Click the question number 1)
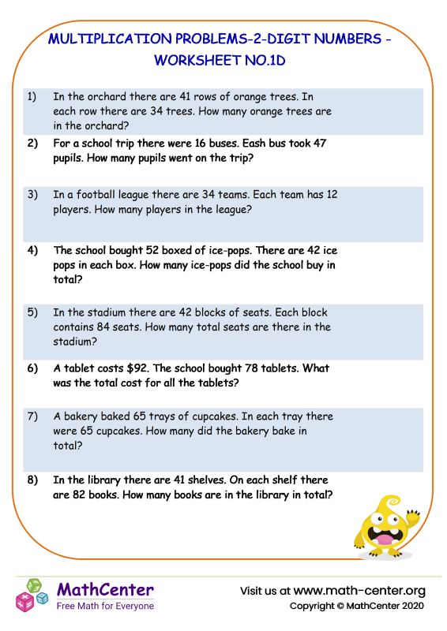coord(32,97)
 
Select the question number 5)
coord(32,312)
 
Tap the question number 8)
coord(32,480)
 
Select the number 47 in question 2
coord(318,144)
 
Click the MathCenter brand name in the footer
coord(105,589)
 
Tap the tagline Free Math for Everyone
coord(105,606)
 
